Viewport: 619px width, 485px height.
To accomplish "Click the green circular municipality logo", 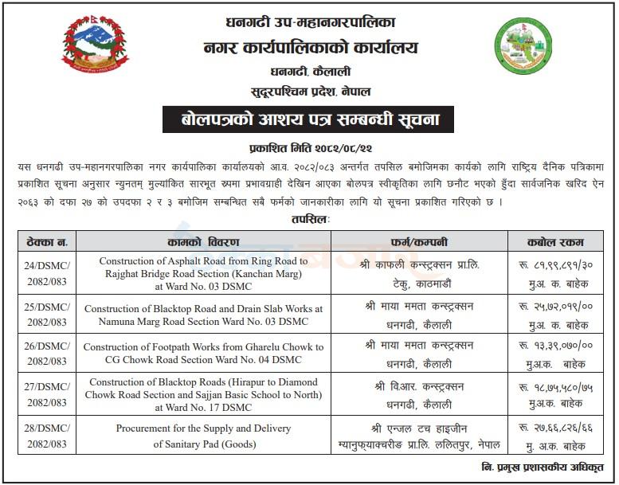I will coord(523,48).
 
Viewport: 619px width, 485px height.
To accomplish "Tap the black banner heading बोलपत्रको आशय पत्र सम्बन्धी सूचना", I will coord(309,120).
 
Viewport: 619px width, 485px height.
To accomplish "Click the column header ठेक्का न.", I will coord(46,241).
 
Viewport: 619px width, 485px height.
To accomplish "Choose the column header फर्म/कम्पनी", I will coord(419,241).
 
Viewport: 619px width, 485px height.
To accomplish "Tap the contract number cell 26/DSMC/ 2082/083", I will coord(46,354).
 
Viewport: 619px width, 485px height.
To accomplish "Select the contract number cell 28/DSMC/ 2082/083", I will coord(46,435).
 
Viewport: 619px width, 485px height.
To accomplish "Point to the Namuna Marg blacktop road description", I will coord(203,314).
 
